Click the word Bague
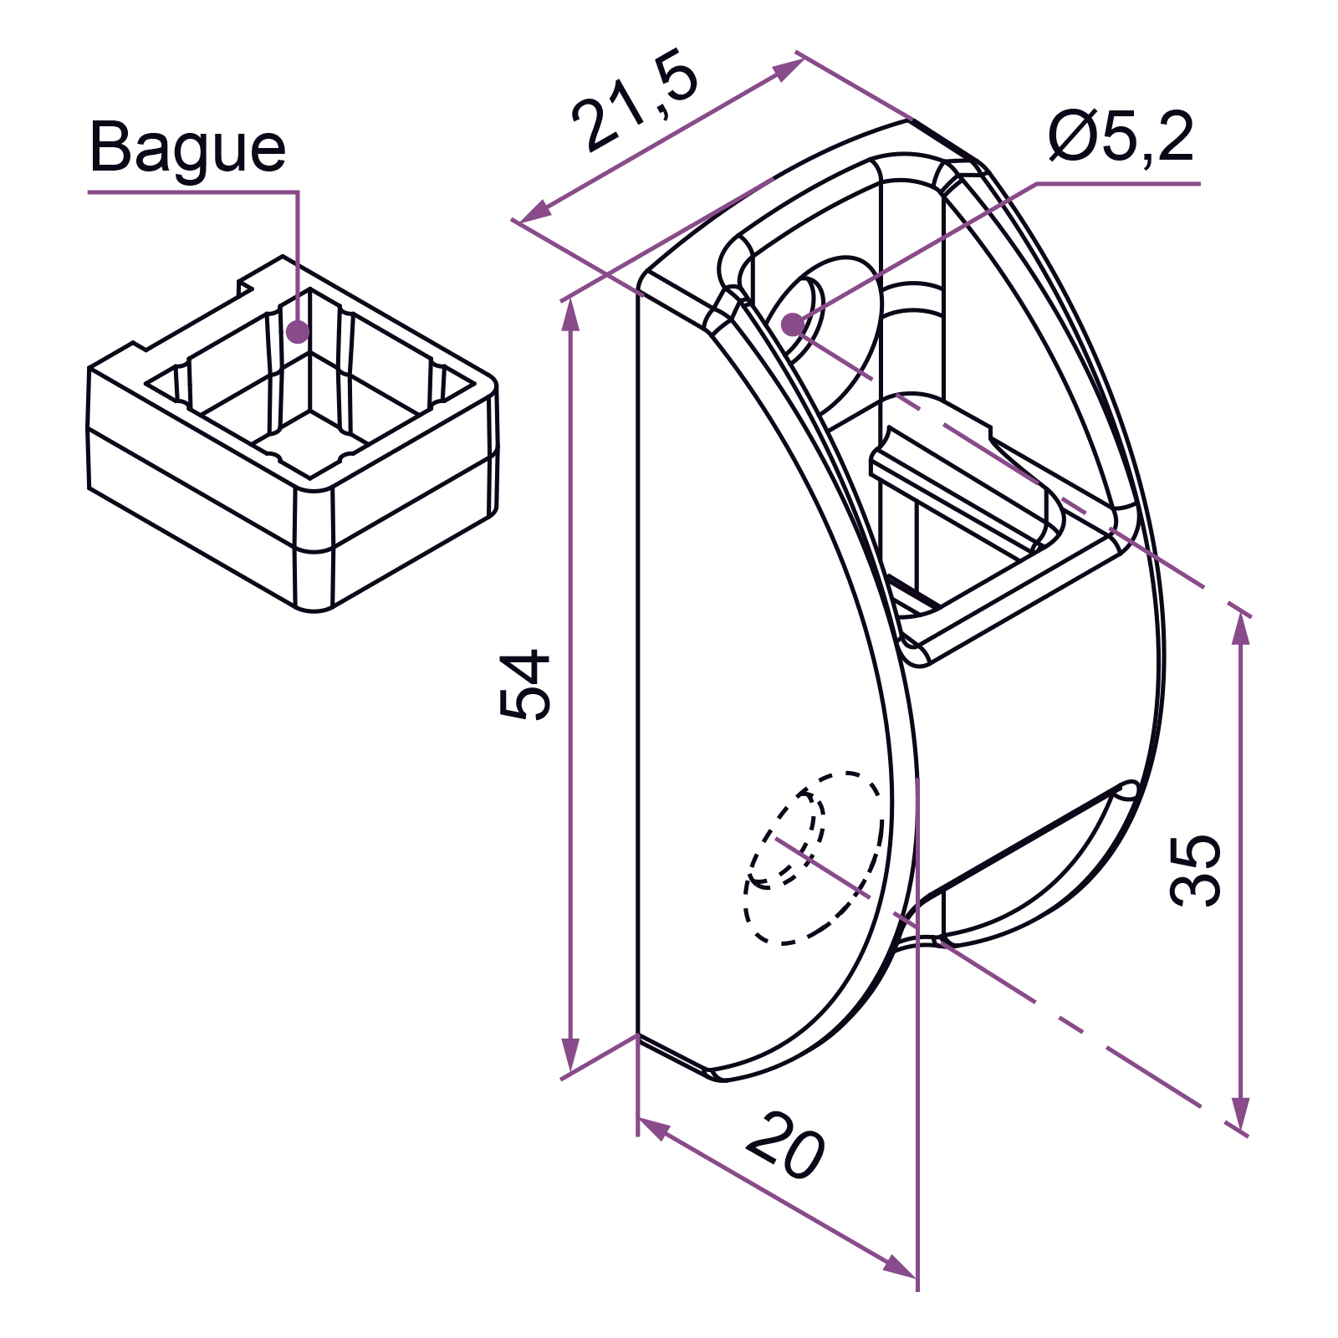187,149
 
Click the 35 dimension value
1195,870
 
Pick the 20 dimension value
785,1145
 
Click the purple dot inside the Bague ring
298,332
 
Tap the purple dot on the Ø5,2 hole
791,324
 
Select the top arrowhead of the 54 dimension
570,314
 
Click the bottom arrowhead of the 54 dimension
570,1055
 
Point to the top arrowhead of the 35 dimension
1241,627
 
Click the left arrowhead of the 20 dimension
655,1128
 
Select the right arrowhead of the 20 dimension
900,1266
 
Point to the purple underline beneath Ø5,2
1118,183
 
